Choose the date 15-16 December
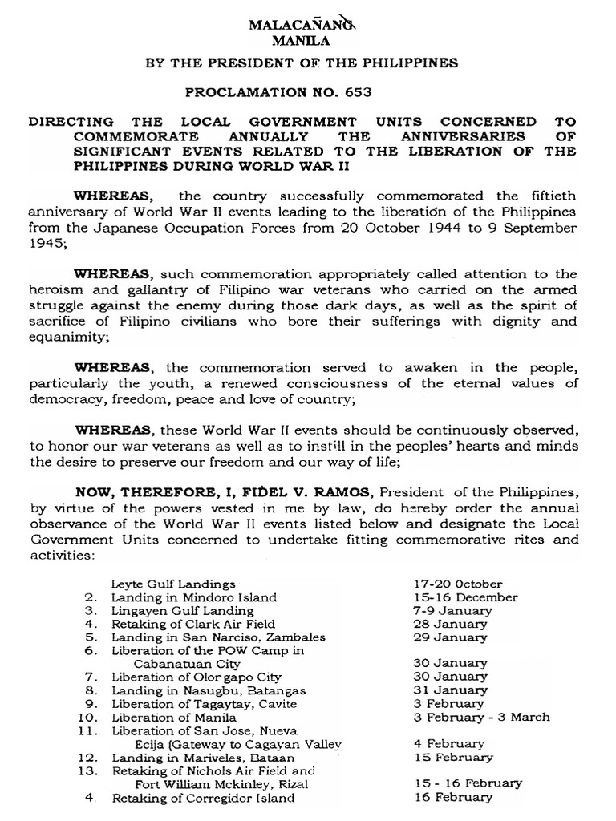point(460,597)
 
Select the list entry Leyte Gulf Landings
point(173,584)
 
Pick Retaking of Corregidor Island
point(203,799)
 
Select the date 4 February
point(444,744)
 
